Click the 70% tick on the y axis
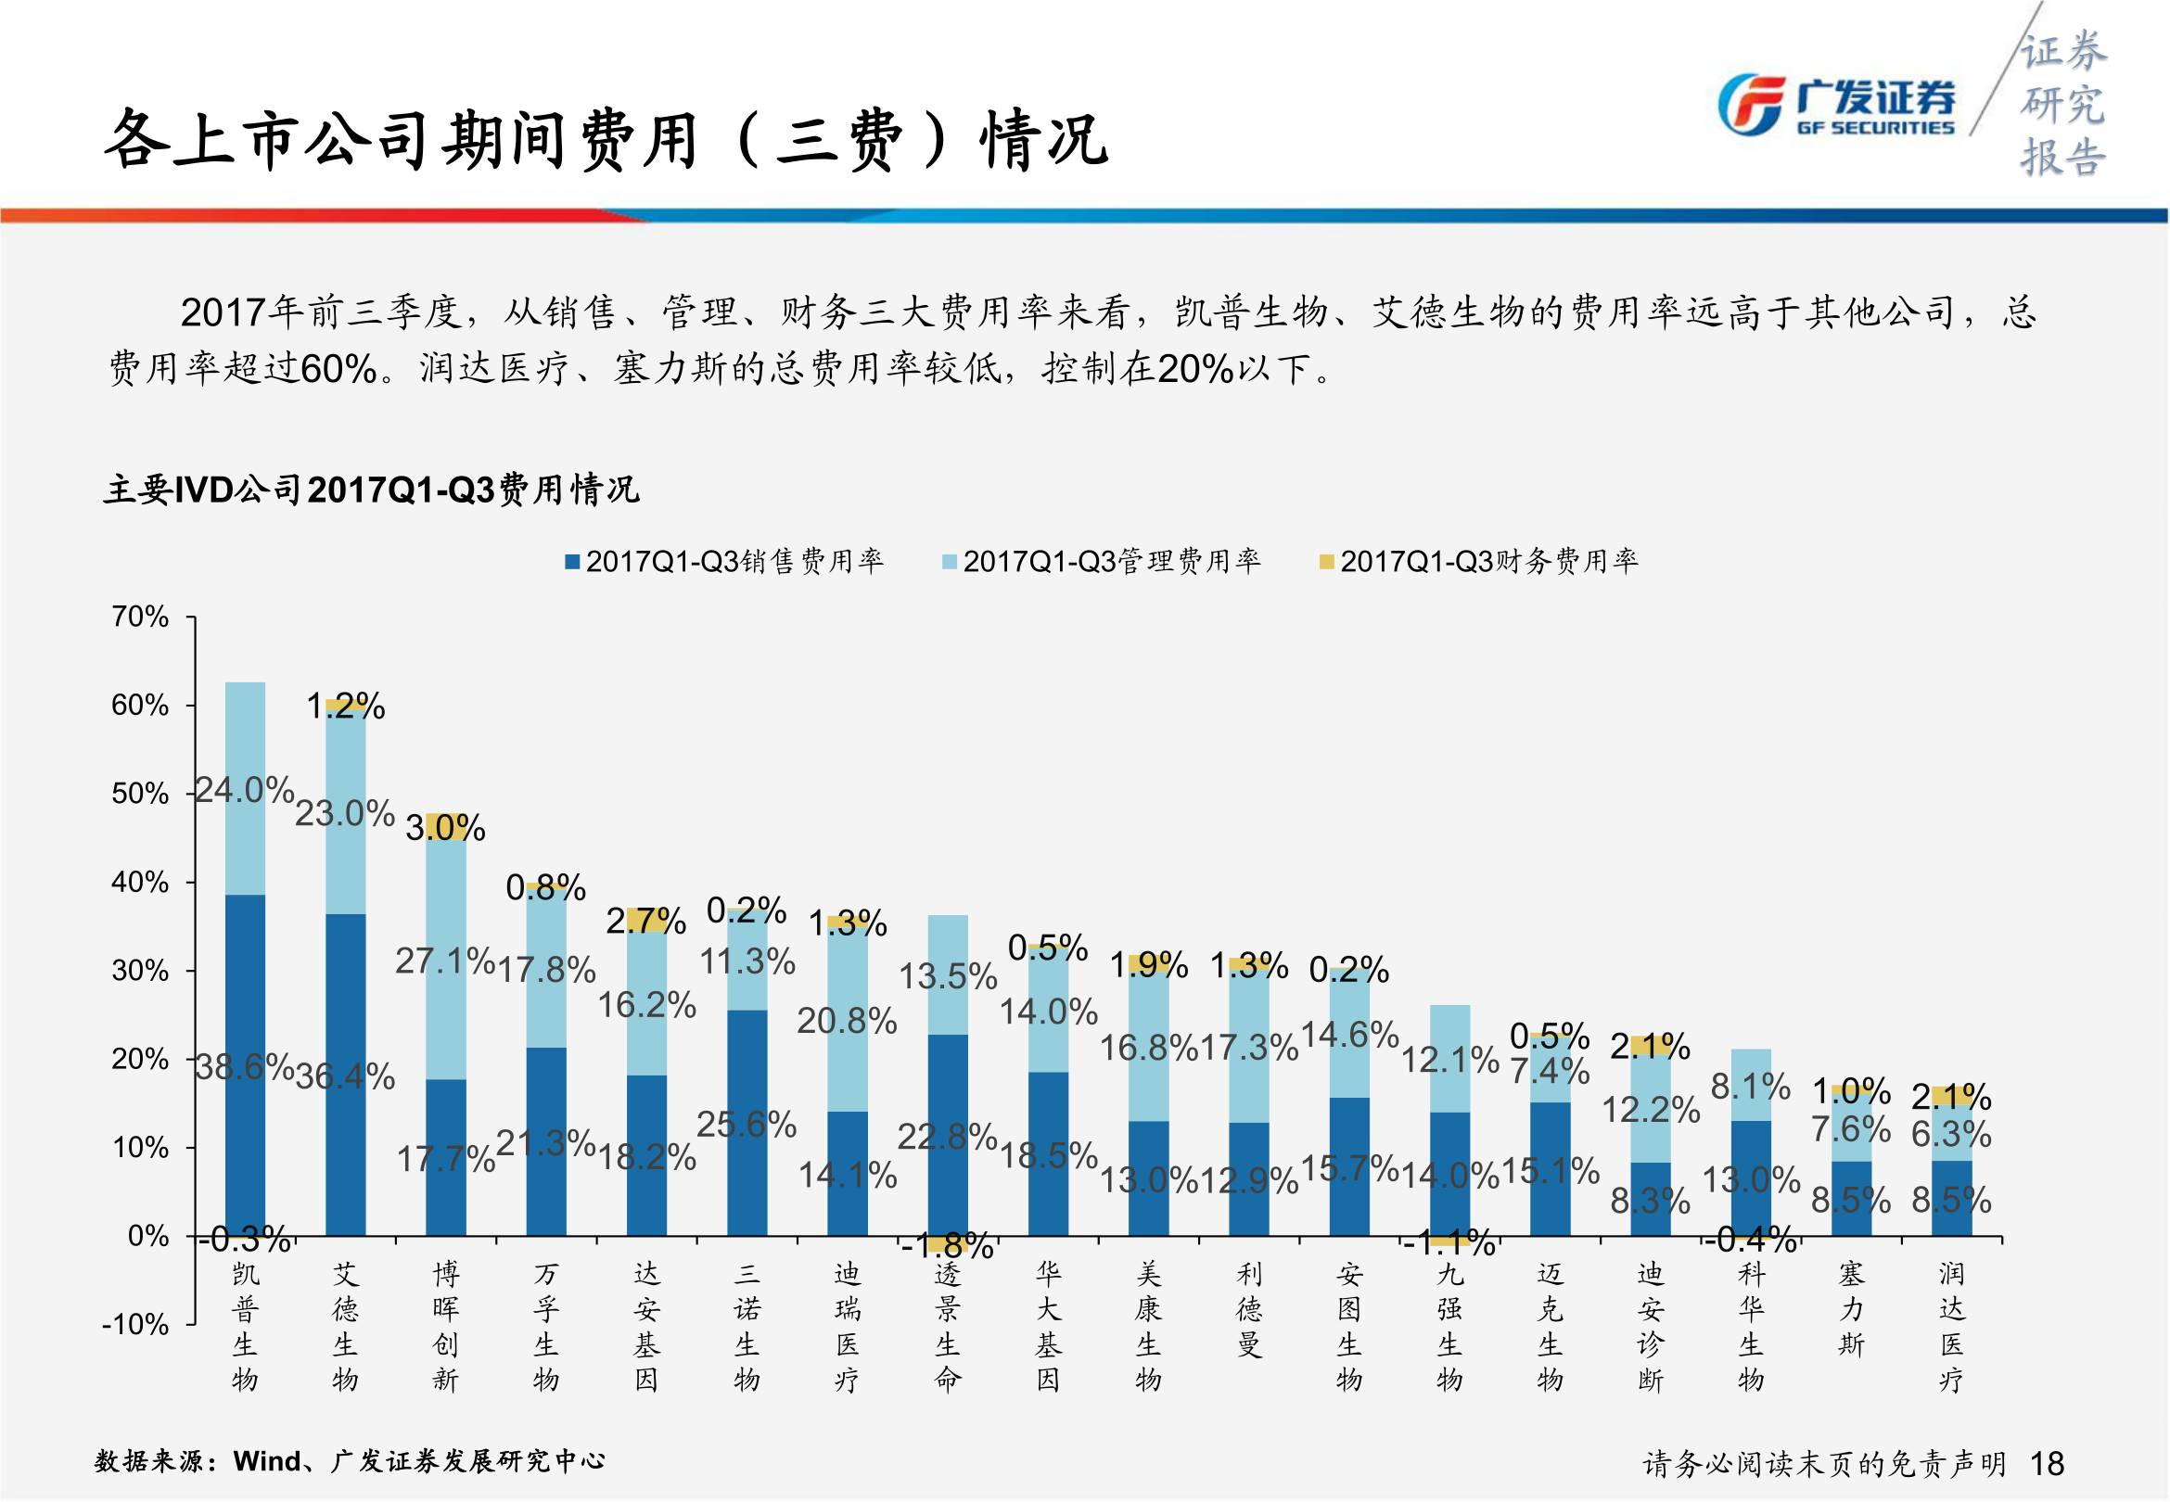pyautogui.click(x=140, y=617)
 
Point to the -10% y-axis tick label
pyautogui.click(x=135, y=1324)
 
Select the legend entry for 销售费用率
pyautogui.click(x=724, y=562)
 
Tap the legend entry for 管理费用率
pyautogui.click(x=1101, y=562)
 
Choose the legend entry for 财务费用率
pyautogui.click(x=1478, y=562)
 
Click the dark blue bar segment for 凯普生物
pyautogui.click(x=246, y=1063)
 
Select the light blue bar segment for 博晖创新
pyautogui.click(x=446, y=960)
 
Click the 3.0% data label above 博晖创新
pyautogui.click(x=445, y=828)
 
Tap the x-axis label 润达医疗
pyautogui.click(x=1952, y=1326)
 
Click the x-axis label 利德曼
pyautogui.click(x=1249, y=1309)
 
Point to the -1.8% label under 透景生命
pyautogui.click(x=947, y=1247)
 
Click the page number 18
pyautogui.click(x=2048, y=1463)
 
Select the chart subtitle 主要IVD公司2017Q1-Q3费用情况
pyautogui.click(x=372, y=490)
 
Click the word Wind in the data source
pyautogui.click(x=266, y=1460)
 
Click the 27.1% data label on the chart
pyautogui.click(x=444, y=961)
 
